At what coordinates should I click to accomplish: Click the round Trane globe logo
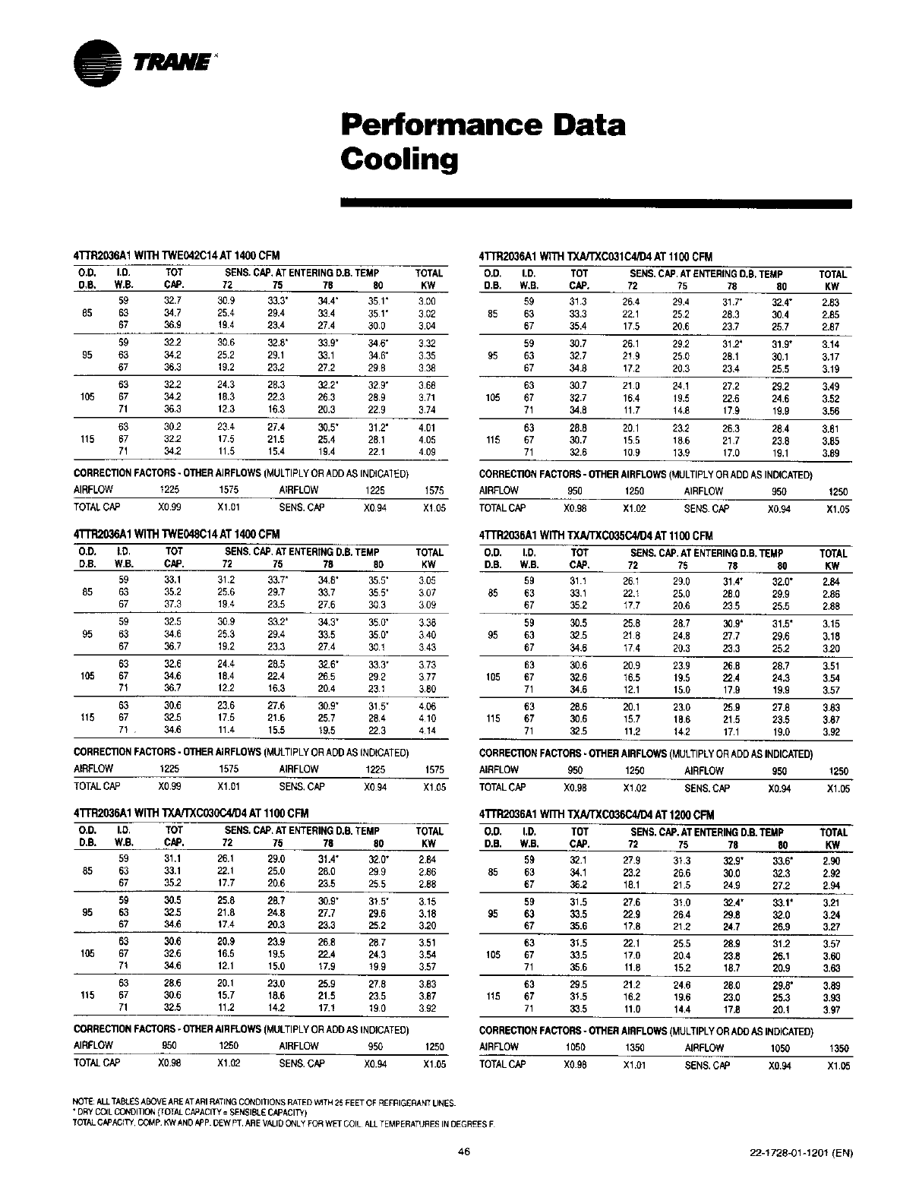click(97, 63)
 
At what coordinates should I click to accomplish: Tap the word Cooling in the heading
click(399, 160)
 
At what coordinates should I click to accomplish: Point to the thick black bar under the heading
click(596, 204)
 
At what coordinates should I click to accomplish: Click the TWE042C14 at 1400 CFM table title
click(177, 256)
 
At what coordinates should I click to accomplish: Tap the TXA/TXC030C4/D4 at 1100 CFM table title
click(191, 813)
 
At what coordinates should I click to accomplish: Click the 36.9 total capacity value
click(174, 325)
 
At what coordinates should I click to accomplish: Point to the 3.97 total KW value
click(832, 1009)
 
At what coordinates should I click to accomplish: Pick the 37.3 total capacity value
click(174, 605)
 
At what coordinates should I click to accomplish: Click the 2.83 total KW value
click(830, 302)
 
